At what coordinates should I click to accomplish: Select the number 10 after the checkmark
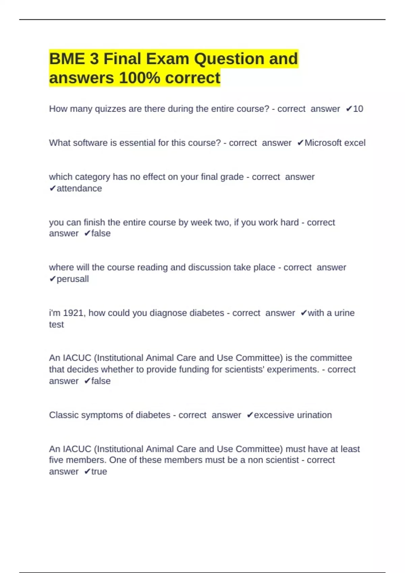358,109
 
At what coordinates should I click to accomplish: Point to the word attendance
79,188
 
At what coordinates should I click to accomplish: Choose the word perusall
73,279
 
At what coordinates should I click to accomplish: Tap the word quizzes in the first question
110,109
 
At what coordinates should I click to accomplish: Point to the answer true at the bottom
99,472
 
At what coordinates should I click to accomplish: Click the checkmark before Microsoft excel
300,143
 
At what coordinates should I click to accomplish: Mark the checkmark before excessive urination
250,415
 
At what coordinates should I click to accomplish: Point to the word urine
345,313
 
